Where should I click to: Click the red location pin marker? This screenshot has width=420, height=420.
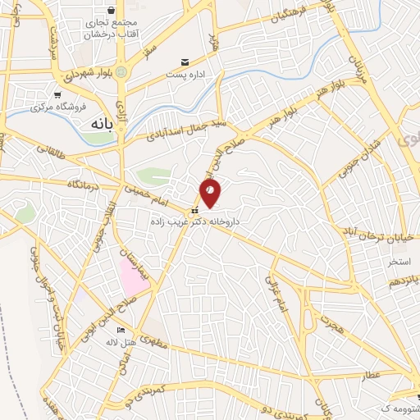tap(210, 192)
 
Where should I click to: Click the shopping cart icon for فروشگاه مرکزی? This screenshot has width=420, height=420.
tap(58, 94)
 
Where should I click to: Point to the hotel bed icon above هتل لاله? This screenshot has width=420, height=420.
tap(122, 330)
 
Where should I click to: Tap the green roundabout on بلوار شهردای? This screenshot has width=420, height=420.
tap(121, 72)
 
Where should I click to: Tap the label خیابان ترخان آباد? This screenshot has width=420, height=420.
tap(370, 231)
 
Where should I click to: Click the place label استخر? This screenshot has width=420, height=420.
tap(399, 262)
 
